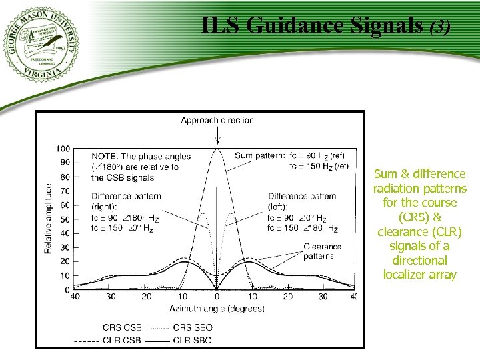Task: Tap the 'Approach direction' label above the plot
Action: [217, 121]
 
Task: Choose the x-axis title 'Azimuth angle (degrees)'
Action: [216, 309]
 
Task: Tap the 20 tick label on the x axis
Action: [288, 297]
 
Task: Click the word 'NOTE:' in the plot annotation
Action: [105, 157]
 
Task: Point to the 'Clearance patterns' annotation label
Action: [322, 251]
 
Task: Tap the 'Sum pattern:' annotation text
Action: [259, 156]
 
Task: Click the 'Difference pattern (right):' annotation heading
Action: [126, 201]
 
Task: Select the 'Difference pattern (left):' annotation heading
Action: [302, 201]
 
